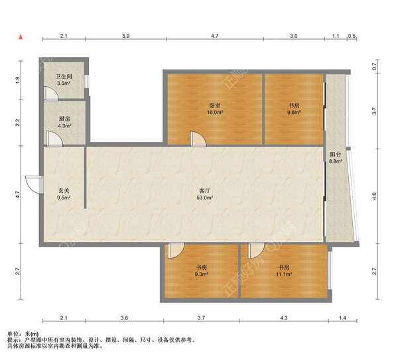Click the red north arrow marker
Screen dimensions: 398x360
[x=21, y=37]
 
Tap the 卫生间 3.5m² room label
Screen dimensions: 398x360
[x=64, y=80]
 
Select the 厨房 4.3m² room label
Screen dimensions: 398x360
[x=64, y=122]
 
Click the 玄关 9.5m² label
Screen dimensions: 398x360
[x=64, y=194]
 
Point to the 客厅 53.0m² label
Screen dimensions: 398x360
[x=204, y=194]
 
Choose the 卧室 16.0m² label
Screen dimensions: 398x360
[x=215, y=109]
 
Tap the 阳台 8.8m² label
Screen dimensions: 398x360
[x=336, y=158]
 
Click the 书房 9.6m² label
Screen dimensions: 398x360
[x=294, y=109]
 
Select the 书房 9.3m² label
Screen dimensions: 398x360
[x=202, y=270]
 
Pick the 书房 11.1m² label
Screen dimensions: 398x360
[x=284, y=270]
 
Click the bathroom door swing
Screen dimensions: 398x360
[x=51, y=93]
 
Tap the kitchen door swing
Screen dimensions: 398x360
[x=54, y=139]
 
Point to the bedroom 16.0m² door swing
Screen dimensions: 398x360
[x=198, y=139]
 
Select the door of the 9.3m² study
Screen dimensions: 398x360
[x=176, y=251]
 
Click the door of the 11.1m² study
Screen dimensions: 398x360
[x=256, y=251]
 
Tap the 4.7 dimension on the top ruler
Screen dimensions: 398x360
[x=215, y=36]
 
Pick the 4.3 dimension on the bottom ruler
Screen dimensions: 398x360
[x=284, y=318]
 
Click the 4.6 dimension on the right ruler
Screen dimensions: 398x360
[x=374, y=196]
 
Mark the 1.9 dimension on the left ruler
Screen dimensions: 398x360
[x=17, y=80]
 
